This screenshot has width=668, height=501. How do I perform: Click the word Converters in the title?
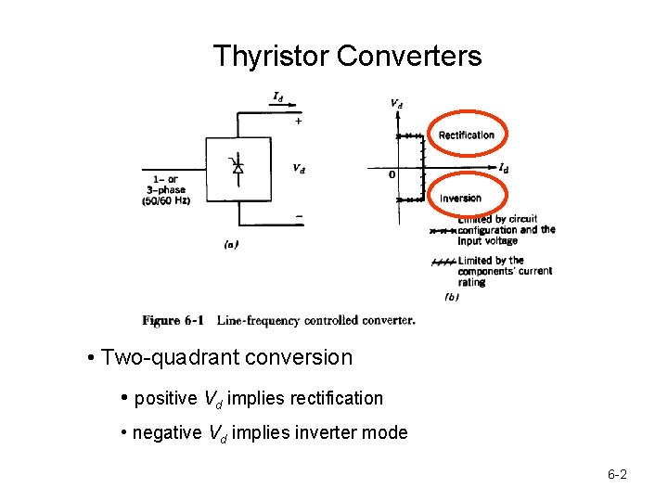[x=409, y=57]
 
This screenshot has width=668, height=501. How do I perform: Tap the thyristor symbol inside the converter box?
[x=238, y=167]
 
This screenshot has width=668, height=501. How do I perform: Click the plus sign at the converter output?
[x=298, y=122]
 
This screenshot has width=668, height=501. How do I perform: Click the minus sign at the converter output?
[x=299, y=217]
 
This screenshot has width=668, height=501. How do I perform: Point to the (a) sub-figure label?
[x=232, y=245]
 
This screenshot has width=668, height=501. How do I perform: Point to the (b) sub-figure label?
[x=452, y=297]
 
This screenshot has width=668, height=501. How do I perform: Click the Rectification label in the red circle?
[x=467, y=135]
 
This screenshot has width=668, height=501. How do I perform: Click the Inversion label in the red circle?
[x=461, y=199]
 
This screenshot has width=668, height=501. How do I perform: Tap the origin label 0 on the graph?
[x=392, y=174]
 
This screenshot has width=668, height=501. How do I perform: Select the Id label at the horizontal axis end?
[x=503, y=168]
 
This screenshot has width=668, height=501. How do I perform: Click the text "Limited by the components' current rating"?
[x=504, y=271]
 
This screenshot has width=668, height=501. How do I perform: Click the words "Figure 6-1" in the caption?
[x=173, y=321]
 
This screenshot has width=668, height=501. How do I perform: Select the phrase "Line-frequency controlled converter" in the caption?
[x=315, y=321]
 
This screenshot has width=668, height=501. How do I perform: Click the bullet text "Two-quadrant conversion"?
[x=226, y=357]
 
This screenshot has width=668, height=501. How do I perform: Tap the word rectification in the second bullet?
[x=336, y=398]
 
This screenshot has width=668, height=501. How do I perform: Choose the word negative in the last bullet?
[x=168, y=432]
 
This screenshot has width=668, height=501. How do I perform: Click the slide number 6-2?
[x=617, y=475]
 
